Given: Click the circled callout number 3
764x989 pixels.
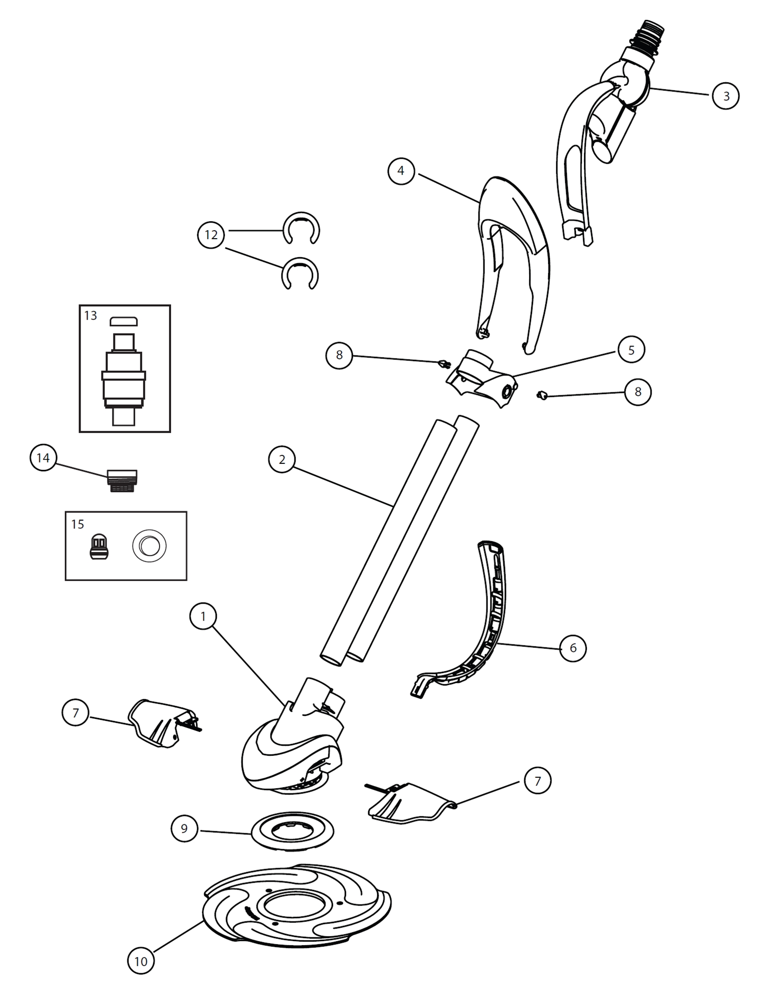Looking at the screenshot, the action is tap(725, 95).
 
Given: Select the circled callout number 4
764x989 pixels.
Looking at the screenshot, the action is tap(401, 171).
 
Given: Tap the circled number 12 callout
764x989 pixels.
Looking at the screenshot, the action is tap(211, 234).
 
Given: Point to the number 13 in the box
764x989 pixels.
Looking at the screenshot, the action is tap(91, 316).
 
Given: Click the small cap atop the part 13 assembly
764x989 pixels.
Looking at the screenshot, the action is tap(123, 321).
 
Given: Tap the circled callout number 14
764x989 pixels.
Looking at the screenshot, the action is tap(43, 457).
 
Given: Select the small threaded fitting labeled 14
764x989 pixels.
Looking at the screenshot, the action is tap(122, 481).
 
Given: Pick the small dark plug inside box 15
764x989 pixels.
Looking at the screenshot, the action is tap(99, 547).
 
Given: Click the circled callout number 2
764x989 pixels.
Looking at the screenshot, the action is tap(282, 459).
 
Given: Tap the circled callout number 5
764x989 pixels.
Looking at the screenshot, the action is tap(631, 350).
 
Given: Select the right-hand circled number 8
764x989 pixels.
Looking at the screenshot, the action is tap(638, 392).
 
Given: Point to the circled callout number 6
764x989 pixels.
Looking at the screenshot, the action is tap(573, 648).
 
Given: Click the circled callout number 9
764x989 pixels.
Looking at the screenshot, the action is tap(184, 828).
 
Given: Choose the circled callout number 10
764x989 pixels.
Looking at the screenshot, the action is tap(141, 961).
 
